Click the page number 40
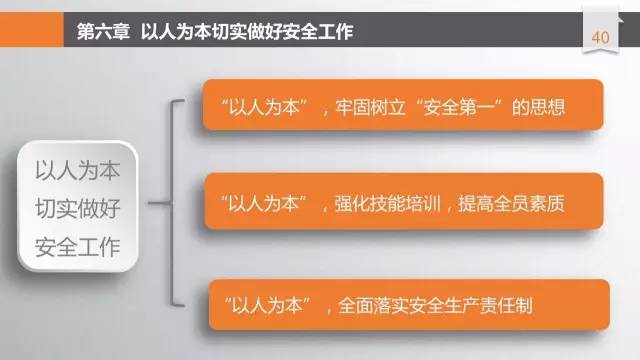(x=601, y=37)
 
